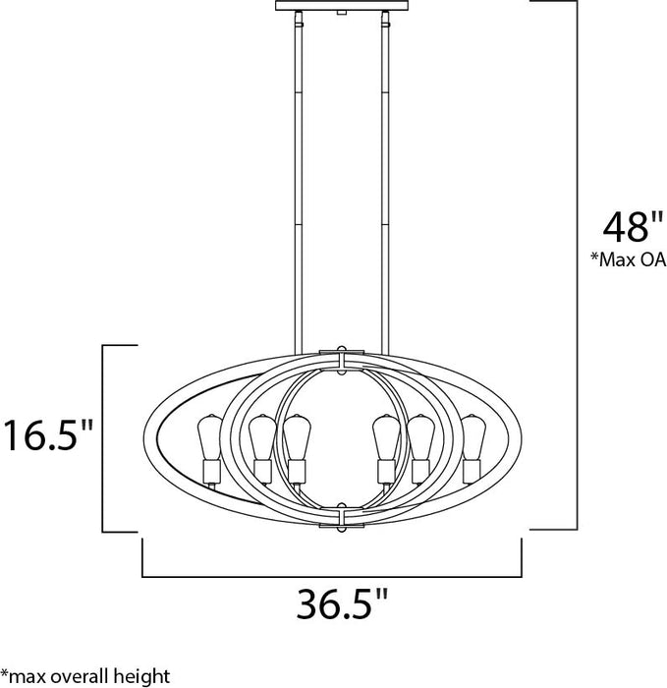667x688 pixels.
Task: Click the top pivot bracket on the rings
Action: click(x=340, y=354)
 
